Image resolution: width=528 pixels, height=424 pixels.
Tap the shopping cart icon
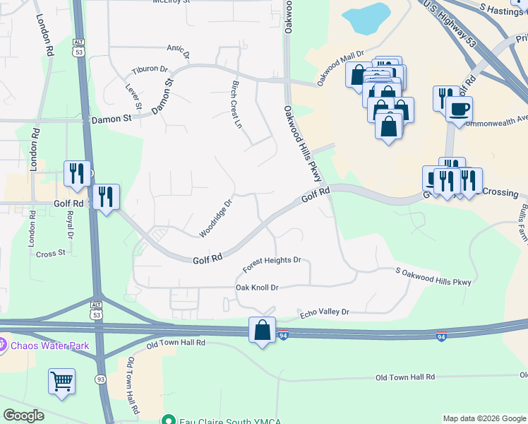tap(61, 381)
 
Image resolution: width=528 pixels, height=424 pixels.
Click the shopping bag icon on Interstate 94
tap(262, 330)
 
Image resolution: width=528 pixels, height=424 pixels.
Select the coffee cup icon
tap(460, 110)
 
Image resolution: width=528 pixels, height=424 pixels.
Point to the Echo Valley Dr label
tap(325, 312)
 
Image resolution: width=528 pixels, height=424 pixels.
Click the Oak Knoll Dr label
tap(257, 288)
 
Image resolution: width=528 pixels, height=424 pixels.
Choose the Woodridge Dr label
tap(215, 218)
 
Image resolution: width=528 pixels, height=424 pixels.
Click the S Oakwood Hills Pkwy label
tap(433, 276)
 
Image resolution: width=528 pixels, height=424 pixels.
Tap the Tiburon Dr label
tap(150, 71)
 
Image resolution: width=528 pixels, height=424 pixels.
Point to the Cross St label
tap(50, 252)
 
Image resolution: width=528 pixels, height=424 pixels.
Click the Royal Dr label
tap(70, 226)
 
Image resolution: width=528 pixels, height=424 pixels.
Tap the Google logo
tap(23, 416)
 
